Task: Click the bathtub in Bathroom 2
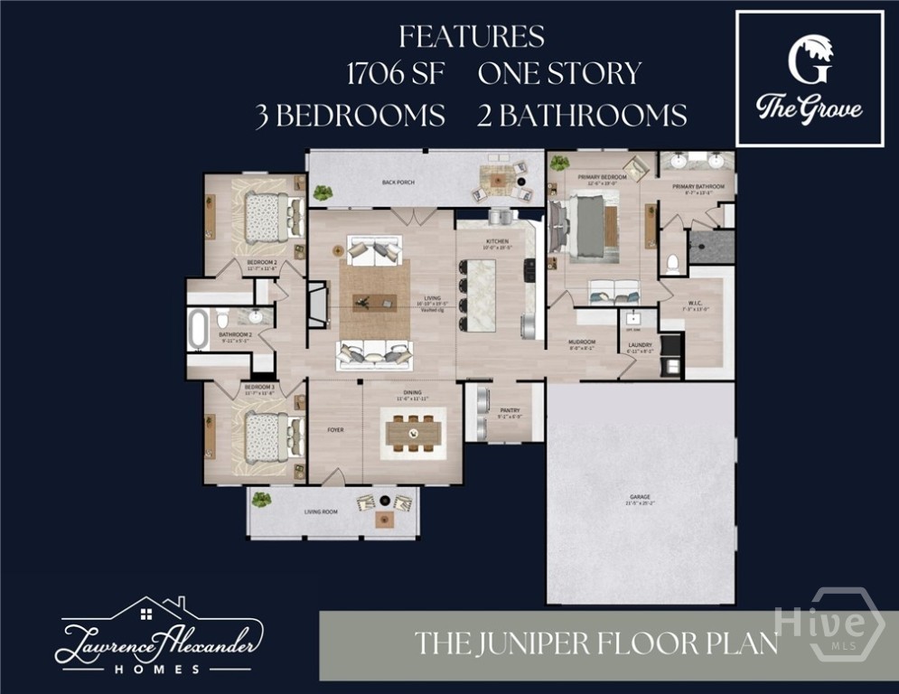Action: [197, 328]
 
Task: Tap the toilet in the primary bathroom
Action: [671, 263]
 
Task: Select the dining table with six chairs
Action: [414, 435]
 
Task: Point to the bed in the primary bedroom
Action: [589, 224]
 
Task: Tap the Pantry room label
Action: [509, 410]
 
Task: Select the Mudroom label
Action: [581, 342]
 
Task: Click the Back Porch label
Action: [398, 183]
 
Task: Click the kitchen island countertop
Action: [481, 295]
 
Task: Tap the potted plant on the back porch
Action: [323, 192]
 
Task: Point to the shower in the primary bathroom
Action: [712, 247]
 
